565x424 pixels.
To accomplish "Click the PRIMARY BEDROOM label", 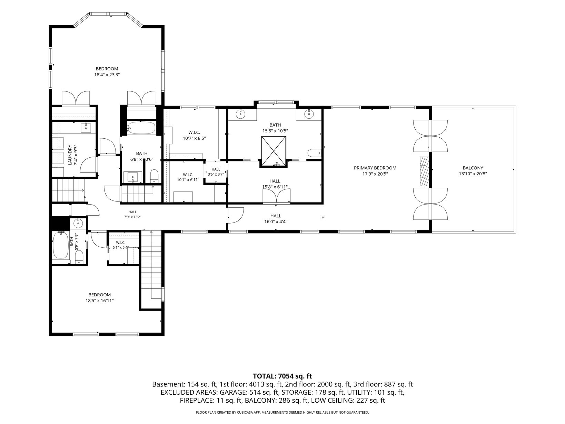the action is coord(375,168).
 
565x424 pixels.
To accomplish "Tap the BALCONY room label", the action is coord(473,168).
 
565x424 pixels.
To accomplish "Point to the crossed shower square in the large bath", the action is coord(274,151).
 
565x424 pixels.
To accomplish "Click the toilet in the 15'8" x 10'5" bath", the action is coord(314,152).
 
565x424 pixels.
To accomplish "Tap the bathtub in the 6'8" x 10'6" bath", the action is coord(141,128).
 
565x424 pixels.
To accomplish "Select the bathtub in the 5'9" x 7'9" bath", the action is coord(61,245).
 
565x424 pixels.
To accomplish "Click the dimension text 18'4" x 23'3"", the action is coord(107,75).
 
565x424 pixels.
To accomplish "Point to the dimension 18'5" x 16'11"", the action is coord(100,300).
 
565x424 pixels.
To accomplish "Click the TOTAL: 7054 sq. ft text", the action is coord(282,376).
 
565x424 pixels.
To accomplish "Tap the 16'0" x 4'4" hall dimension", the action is coord(276,221).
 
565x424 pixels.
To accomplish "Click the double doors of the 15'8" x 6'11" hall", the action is coord(276,196).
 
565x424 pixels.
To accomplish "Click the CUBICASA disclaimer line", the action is coord(282,412).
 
